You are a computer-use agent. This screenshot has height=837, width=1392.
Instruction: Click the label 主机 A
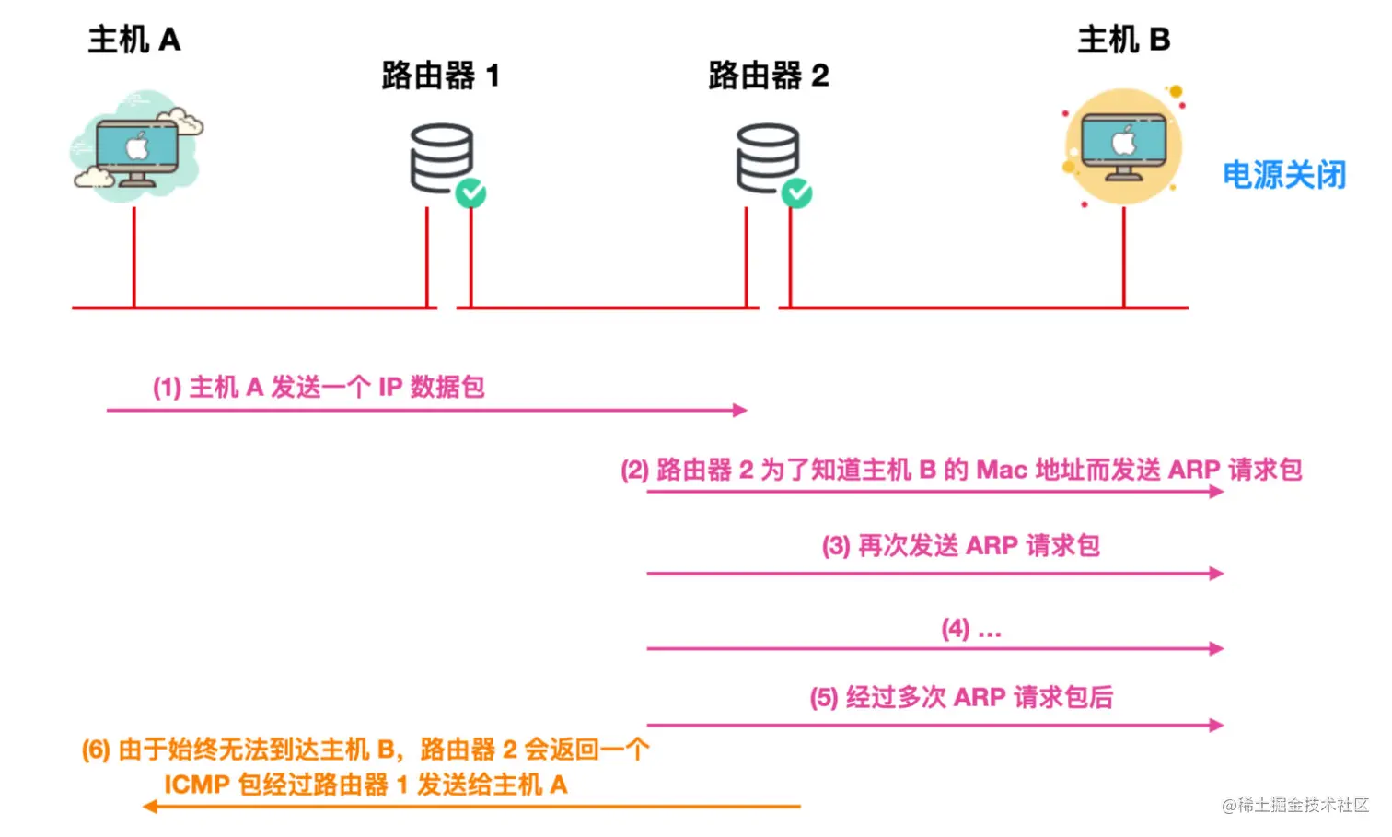134,40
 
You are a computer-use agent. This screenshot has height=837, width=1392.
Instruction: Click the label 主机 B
1123,40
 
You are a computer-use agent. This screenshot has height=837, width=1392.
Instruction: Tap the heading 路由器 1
441,76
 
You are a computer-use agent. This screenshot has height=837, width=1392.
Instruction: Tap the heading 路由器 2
769,76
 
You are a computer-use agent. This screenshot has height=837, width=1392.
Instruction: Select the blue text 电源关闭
1284,175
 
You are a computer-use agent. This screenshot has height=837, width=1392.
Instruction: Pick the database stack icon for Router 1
441,157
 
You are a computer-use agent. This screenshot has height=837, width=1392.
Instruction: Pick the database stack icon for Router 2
767,157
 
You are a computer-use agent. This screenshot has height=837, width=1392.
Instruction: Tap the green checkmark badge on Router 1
471,193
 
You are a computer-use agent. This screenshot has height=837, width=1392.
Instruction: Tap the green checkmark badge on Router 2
797,193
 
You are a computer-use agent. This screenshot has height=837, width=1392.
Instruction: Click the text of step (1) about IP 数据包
319,387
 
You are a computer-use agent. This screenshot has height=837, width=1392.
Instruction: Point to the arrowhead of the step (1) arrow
740,410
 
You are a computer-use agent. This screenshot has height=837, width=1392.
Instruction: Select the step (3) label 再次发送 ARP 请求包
961,545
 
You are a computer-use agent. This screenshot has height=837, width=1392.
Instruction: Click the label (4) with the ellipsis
970,629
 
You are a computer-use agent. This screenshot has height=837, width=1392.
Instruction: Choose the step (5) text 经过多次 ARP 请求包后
961,697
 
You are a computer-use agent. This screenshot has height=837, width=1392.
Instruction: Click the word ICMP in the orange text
196,785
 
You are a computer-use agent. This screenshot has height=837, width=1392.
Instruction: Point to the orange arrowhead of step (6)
150,807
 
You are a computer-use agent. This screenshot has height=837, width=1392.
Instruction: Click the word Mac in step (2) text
1001,470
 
